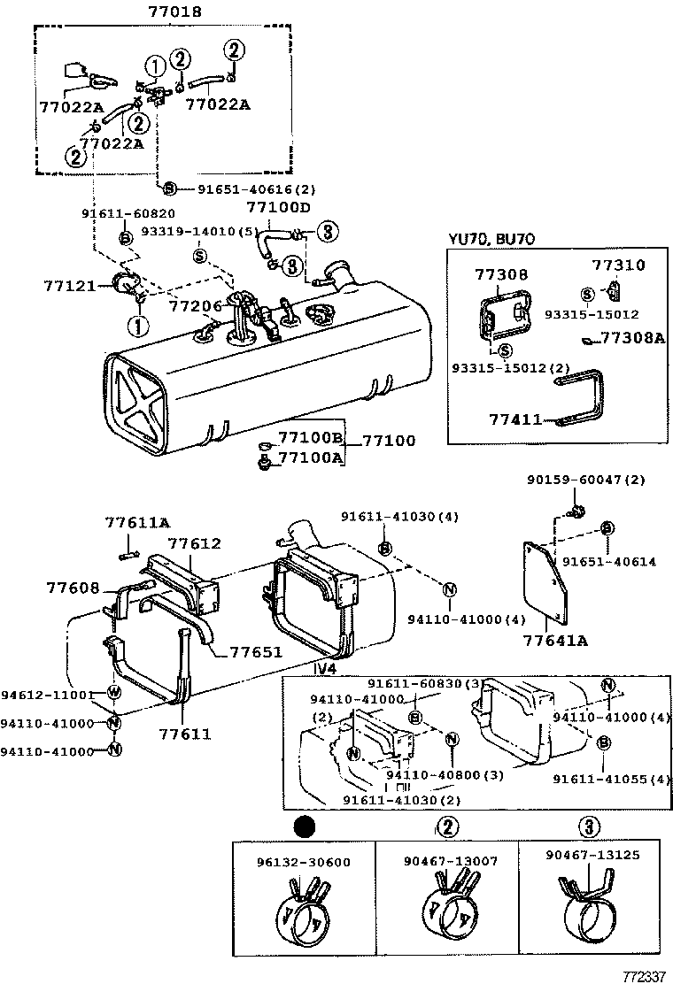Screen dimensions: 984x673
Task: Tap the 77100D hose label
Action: (279, 208)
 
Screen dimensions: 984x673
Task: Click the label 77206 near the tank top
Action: (195, 306)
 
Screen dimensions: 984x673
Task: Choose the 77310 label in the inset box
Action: (618, 265)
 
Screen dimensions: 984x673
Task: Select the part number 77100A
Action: (310, 457)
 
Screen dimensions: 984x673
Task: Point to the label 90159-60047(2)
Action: (585, 480)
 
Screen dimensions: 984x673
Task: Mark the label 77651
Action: (256, 652)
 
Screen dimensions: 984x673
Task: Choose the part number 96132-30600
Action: (304, 863)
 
